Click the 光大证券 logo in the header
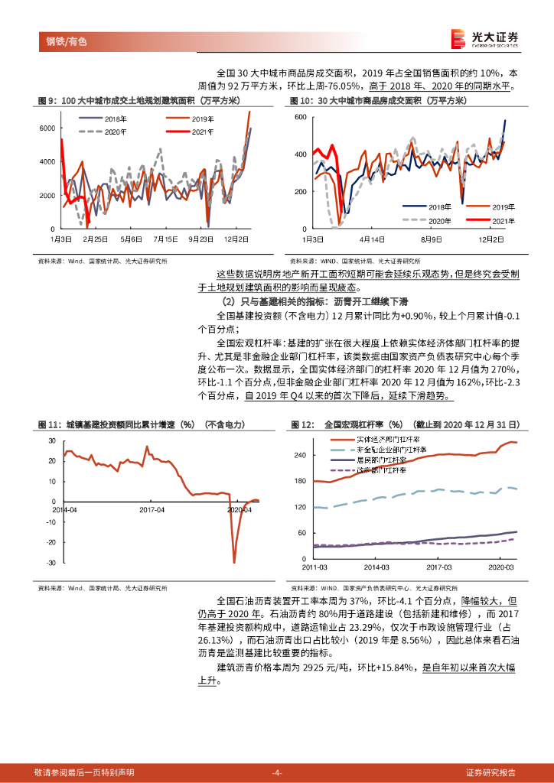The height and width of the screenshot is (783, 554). click(x=484, y=38)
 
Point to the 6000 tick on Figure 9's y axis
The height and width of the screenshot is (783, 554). click(x=47, y=128)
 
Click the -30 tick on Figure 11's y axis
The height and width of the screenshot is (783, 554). click(x=51, y=563)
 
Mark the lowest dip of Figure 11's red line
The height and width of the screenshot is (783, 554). click(x=233, y=563)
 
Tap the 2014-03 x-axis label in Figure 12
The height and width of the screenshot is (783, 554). click(x=376, y=568)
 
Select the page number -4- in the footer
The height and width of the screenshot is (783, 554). click(x=277, y=772)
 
